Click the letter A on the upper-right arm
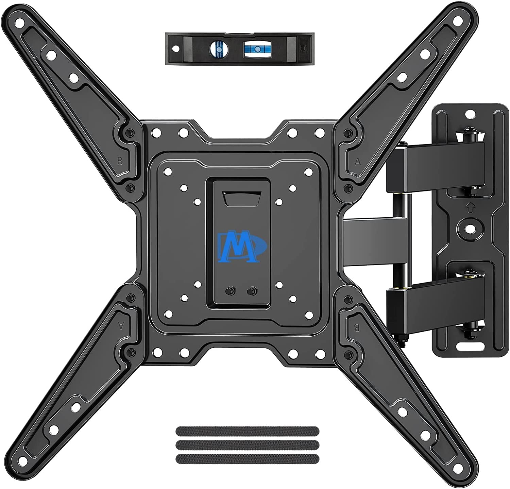[357, 162]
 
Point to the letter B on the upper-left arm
[120, 161]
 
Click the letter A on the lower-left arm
[120, 325]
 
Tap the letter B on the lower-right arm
[357, 327]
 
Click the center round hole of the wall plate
[470, 226]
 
